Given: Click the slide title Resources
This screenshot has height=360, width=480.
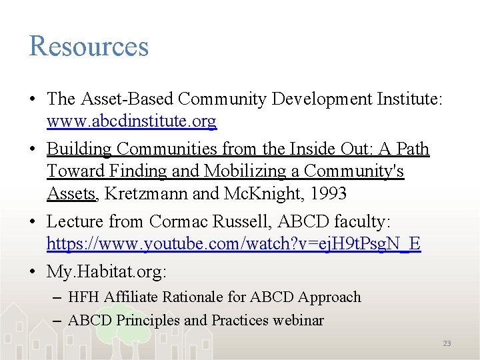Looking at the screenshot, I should pos(89,46).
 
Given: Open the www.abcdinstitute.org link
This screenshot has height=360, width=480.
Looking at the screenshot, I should pos(131,121).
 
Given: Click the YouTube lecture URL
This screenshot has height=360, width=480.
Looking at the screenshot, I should pos(233,244).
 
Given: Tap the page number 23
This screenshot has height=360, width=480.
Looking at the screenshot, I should pos(447,343).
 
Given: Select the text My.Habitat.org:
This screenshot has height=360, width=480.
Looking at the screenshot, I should pos(107,271).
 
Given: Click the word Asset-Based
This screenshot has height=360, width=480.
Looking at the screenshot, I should pos(126,99).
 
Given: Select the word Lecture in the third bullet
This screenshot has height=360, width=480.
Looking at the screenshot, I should pos(75,221).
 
